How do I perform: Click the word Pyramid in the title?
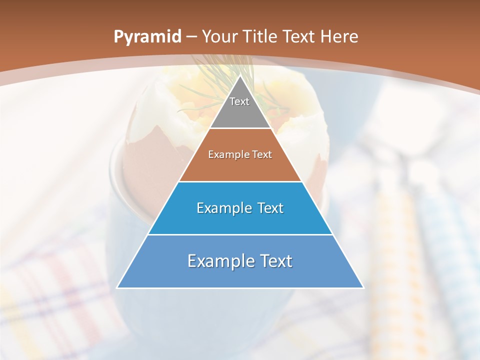(147, 37)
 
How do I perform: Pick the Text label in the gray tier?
(239, 101)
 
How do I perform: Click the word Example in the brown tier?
(225, 155)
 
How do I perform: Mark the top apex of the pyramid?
(240, 76)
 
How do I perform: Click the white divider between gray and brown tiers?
(240, 128)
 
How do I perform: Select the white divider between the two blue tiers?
(240, 234)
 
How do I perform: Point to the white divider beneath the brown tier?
(240, 181)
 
